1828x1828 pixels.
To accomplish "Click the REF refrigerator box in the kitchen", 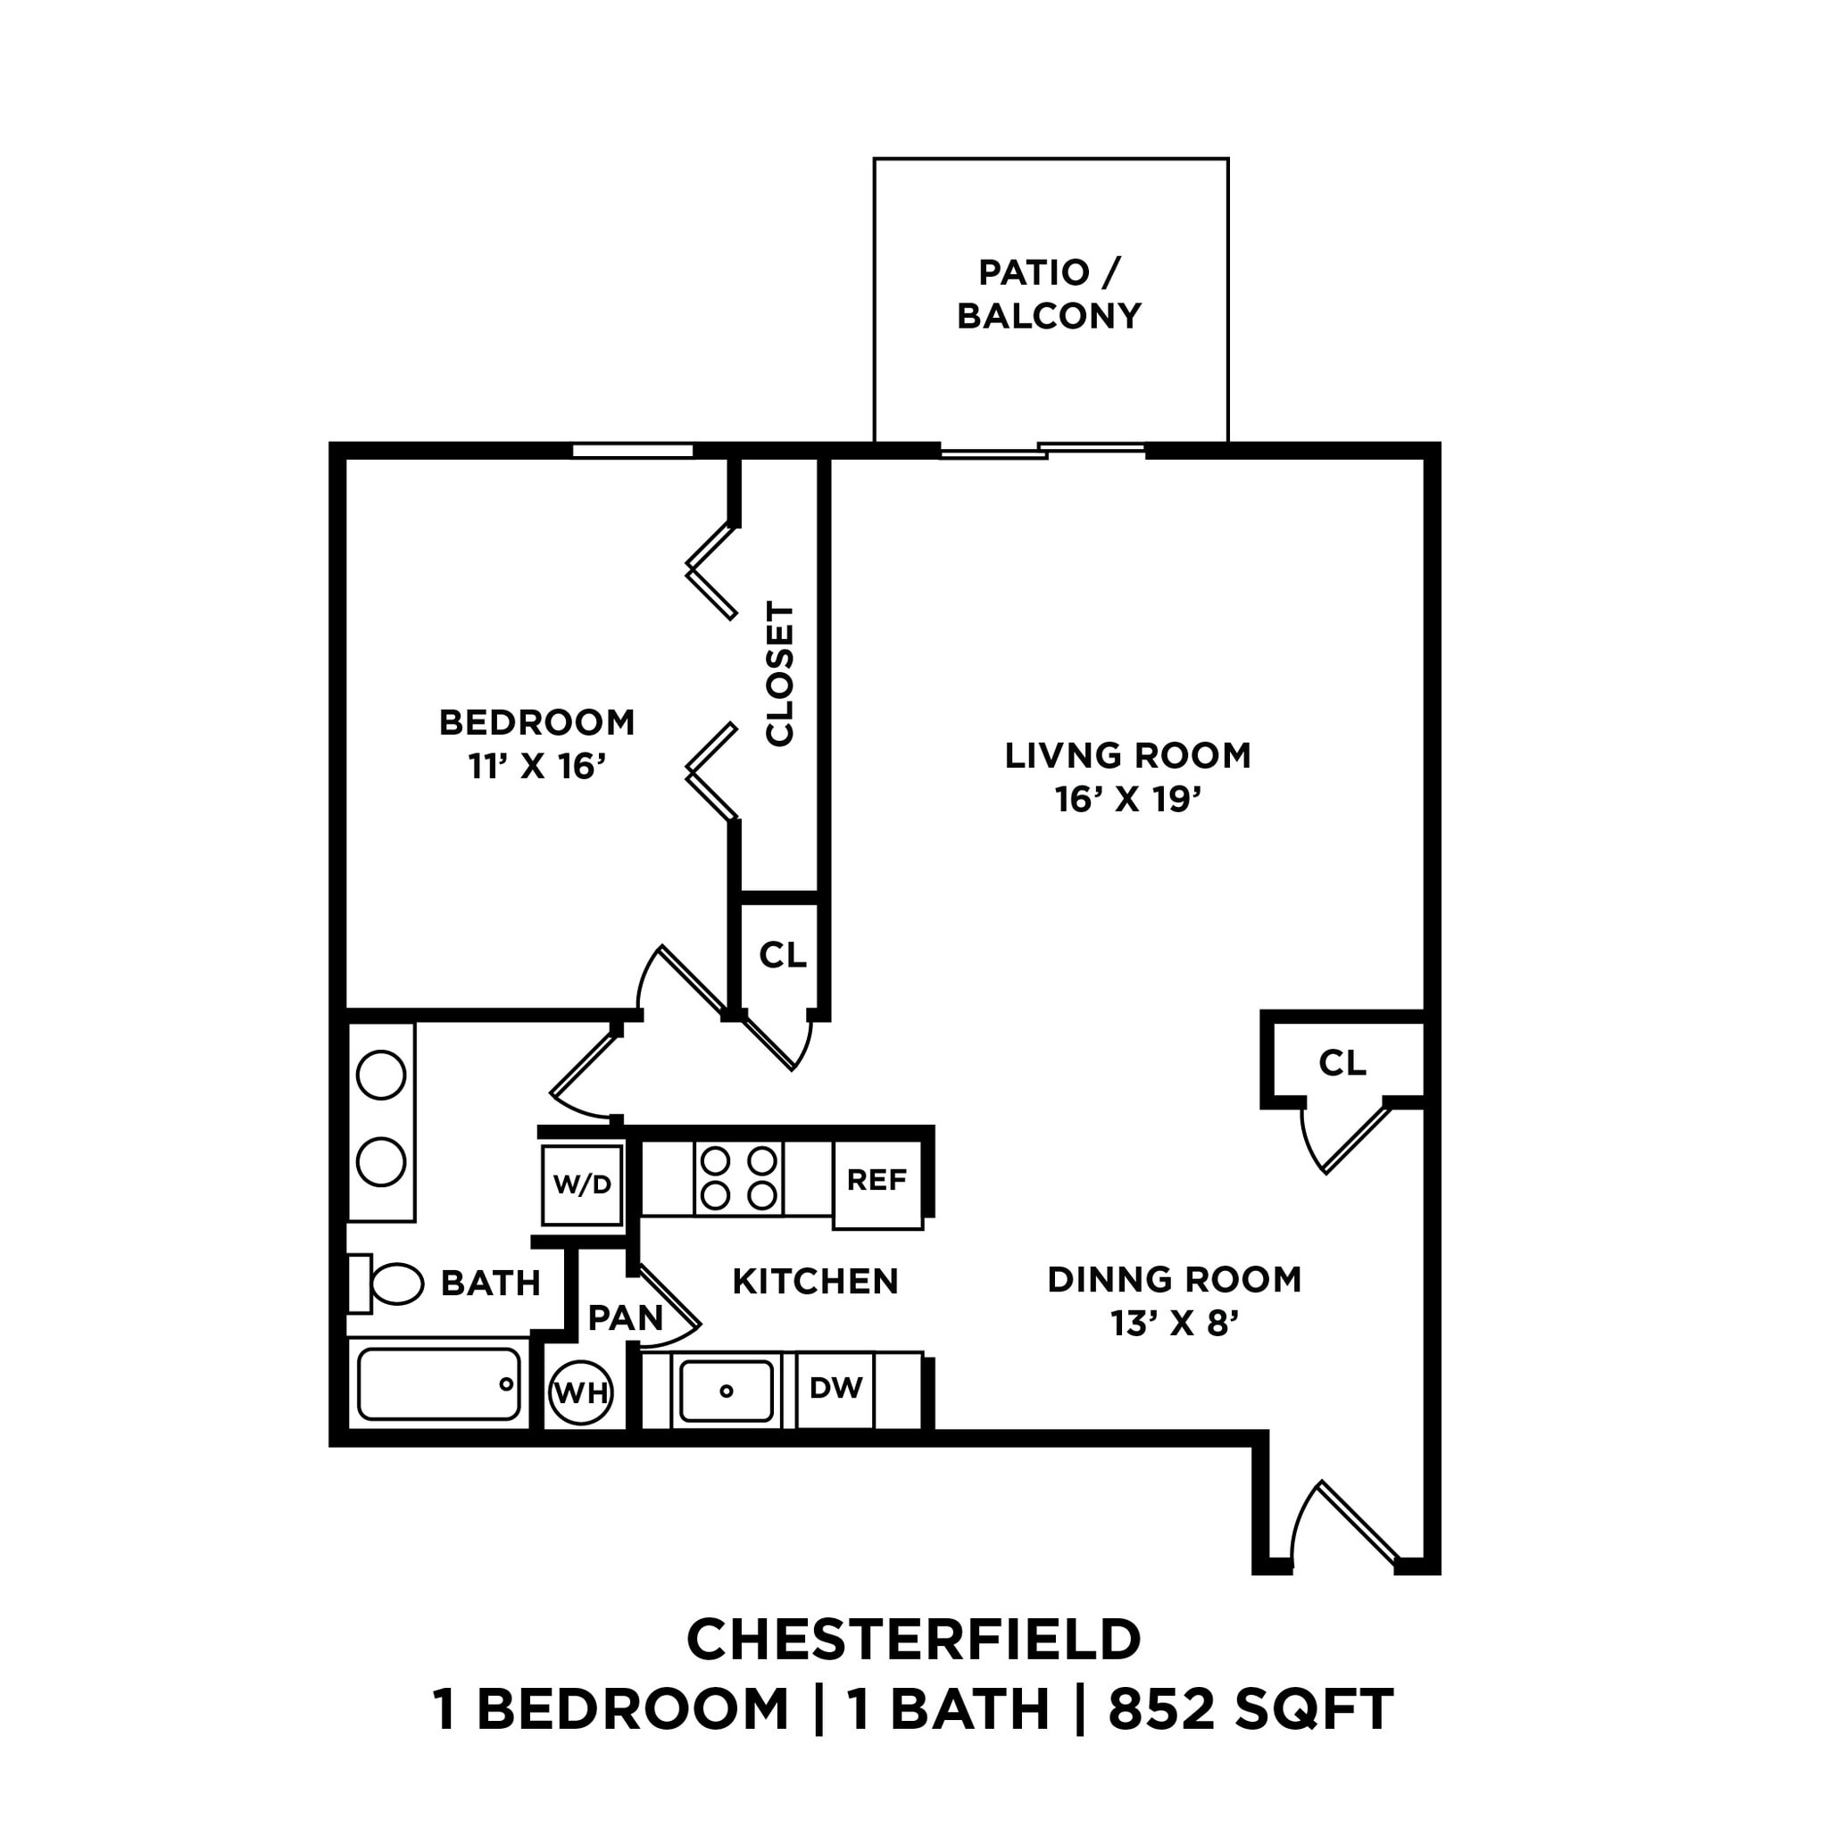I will tap(877, 1184).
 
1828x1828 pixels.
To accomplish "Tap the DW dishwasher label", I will tap(835, 1388).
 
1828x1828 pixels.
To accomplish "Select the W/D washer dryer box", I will tap(582, 1184).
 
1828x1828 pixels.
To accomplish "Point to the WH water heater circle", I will tap(581, 1392).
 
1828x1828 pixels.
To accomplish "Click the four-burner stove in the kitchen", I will tap(738, 1178).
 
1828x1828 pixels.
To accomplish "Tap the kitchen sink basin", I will tap(726, 1391).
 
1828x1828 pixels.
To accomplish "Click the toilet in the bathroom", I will tap(388, 1284).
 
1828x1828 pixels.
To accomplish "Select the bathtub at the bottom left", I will tap(439, 1384).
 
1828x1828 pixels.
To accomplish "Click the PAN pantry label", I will tap(625, 1317).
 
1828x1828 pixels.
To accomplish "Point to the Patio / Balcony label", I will tap(1050, 294).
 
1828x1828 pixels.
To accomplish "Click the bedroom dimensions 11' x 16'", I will tap(536, 766).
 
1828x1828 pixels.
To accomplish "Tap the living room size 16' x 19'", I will tap(1128, 800).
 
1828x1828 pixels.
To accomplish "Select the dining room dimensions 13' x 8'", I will tap(1175, 1323).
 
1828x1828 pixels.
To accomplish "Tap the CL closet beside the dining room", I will tap(1342, 1062).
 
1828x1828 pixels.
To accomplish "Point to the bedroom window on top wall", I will tap(632, 452).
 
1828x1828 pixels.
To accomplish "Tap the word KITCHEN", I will tap(815, 1281).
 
